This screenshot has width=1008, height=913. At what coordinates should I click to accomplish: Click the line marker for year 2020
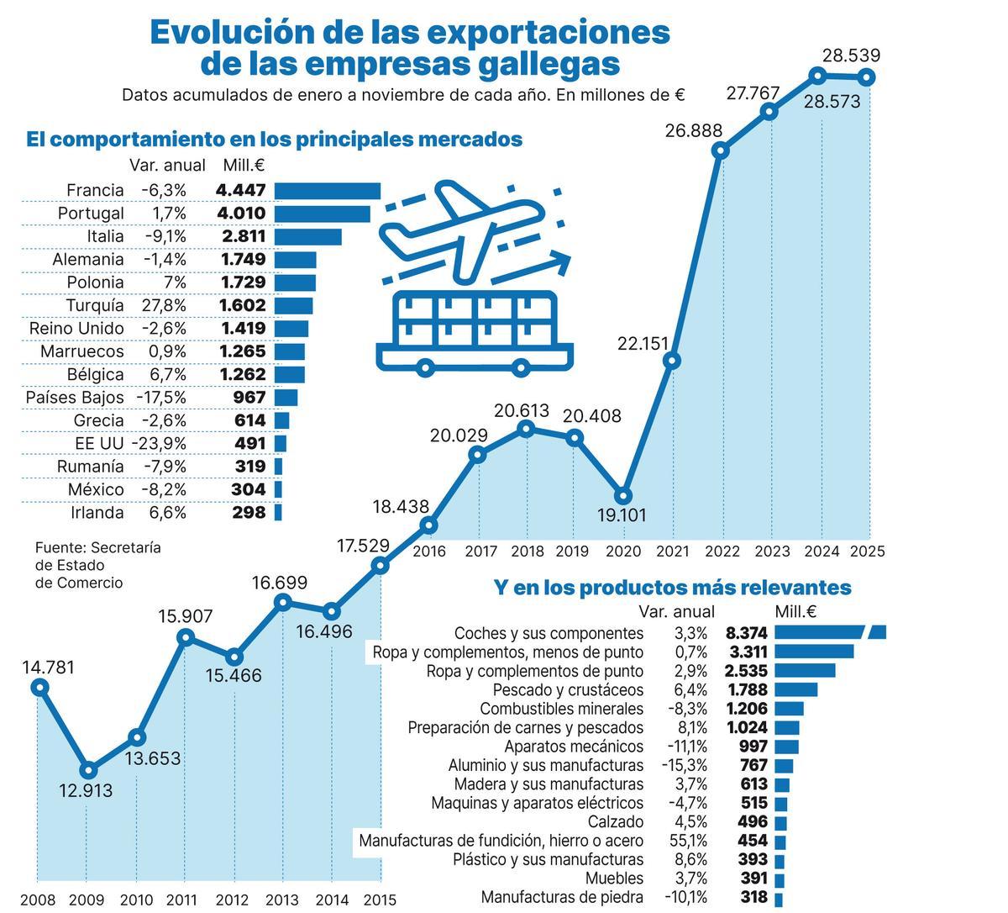tap(622, 495)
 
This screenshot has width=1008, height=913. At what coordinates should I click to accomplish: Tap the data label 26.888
tap(693, 130)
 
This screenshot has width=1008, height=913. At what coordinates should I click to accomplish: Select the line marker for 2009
tap(88, 769)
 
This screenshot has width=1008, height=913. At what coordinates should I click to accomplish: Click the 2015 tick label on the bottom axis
tap(380, 900)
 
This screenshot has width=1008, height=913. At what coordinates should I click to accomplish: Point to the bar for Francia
tap(328, 191)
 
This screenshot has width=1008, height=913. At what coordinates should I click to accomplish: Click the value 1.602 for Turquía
tap(243, 305)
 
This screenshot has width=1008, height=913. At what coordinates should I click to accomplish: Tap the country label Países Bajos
tap(75, 397)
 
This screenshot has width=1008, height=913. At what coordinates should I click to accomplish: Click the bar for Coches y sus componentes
tap(830, 633)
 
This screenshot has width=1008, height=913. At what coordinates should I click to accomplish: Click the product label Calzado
tap(615, 822)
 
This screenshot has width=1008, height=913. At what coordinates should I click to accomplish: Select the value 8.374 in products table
tap(746, 633)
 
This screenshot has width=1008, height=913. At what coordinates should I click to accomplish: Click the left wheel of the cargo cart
tap(426, 367)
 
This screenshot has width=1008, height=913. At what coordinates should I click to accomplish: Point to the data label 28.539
tap(851, 56)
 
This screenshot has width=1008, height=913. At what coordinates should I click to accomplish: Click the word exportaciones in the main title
tap(548, 32)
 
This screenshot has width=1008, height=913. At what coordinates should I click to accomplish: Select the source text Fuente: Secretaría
tap(97, 547)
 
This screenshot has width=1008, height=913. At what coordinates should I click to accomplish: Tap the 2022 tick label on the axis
tap(722, 551)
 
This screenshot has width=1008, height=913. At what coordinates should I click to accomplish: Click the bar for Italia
tap(307, 237)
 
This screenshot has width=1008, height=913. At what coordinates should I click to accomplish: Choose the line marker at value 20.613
tap(526, 429)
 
